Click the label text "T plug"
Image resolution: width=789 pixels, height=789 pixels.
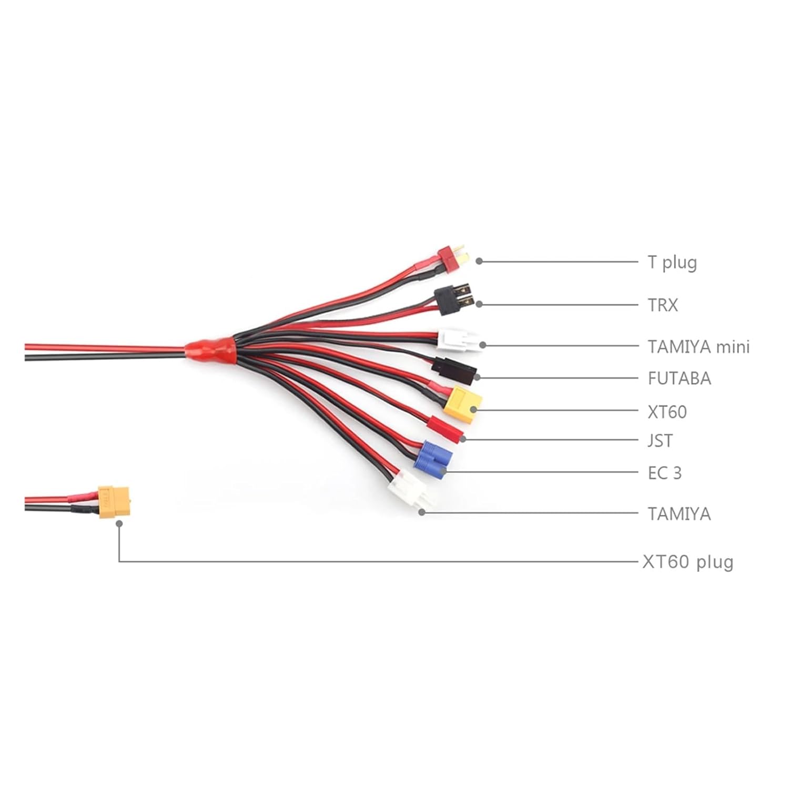[672, 262]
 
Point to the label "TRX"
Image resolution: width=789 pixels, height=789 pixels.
[663, 305]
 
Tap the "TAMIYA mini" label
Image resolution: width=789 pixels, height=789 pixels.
[699, 347]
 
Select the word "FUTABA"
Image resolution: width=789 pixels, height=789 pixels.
[679, 378]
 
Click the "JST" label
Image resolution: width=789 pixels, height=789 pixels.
[660, 440]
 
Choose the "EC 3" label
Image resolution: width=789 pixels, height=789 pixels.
[664, 473]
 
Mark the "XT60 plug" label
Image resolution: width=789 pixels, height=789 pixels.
[687, 562]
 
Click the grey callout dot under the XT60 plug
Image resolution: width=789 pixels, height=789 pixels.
[119, 524]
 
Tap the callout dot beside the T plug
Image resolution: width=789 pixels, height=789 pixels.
[479, 261]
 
